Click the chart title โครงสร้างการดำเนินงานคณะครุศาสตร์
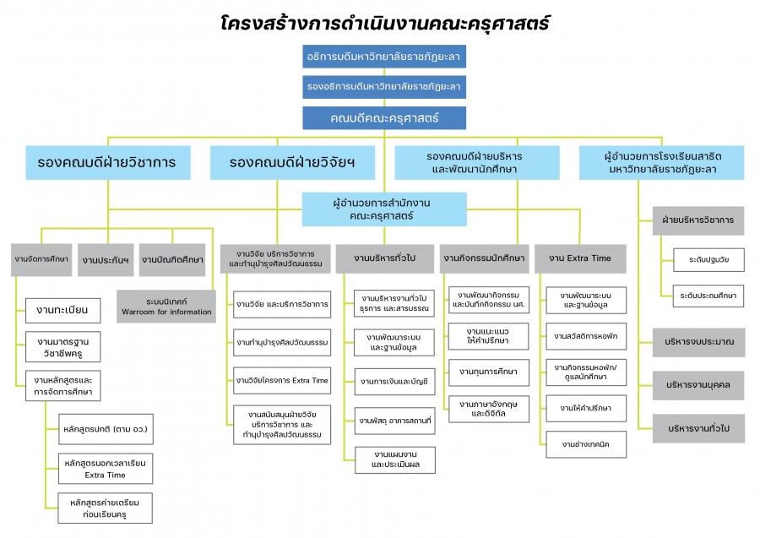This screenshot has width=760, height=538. pos(384,23)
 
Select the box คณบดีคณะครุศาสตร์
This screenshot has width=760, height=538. pos(384,118)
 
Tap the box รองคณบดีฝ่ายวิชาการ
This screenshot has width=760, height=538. pos(106,162)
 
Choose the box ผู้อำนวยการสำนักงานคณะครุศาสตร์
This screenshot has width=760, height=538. pos(384,209)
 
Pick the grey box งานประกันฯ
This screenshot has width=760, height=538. pos(106,259)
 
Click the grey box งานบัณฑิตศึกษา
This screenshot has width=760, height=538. pos(172,259)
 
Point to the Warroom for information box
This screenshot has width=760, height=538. pos(166,306)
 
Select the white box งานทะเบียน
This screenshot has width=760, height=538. pos(62,311)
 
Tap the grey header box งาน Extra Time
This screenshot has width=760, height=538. pos(580,258)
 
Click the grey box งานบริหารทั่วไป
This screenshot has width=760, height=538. pos(384,258)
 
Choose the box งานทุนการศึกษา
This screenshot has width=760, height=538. pos(489,372)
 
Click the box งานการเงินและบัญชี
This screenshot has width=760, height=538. pos(394,381)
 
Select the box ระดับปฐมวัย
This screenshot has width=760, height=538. pos(708,260)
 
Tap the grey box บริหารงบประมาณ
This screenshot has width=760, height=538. pos(699,343)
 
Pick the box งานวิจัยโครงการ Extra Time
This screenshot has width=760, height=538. pos(282,381)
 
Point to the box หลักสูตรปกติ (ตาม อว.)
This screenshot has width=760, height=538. pos(106,429)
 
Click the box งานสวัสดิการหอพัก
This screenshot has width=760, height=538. pos(586,336)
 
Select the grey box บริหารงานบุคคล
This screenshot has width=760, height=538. pos(699,384)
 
